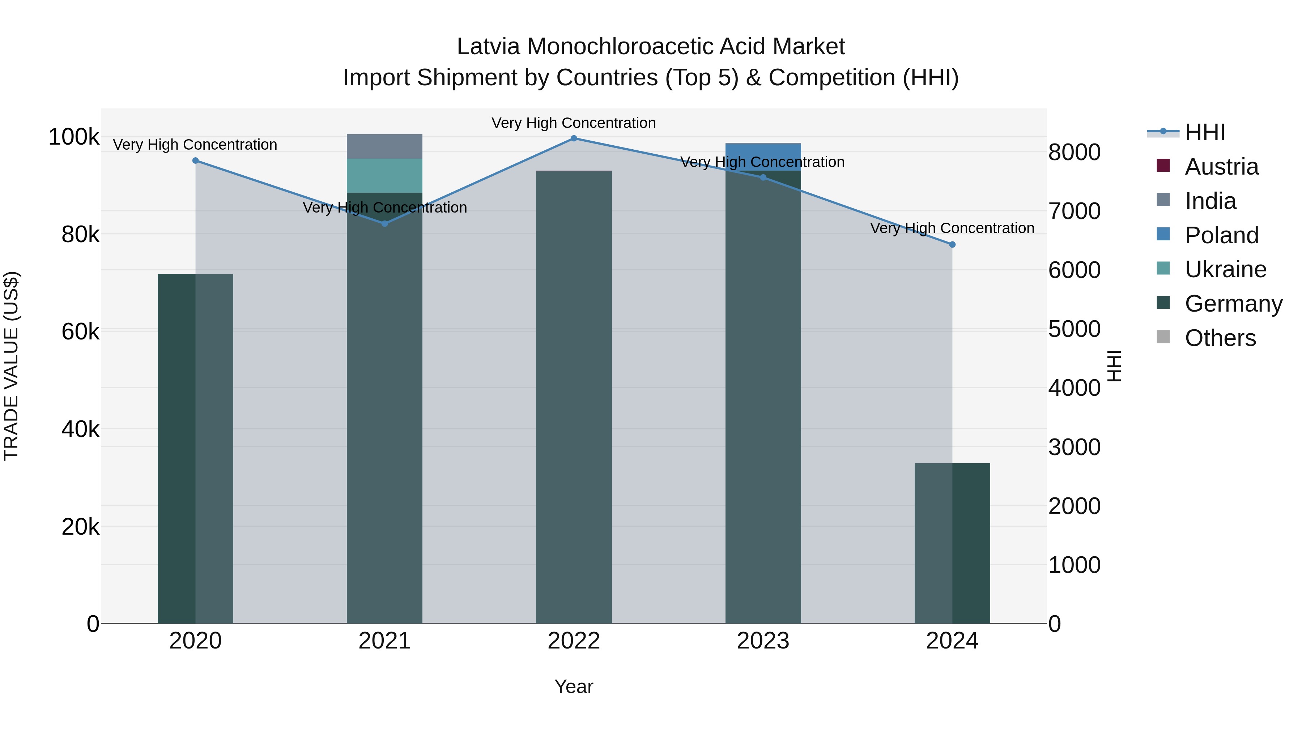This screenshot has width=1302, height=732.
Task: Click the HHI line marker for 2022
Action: (x=574, y=138)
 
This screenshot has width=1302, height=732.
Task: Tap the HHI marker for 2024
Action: (x=952, y=244)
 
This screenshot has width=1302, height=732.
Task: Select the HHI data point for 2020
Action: (x=196, y=160)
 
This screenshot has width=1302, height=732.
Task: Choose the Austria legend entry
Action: (x=1221, y=167)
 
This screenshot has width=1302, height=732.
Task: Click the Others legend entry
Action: (x=1220, y=338)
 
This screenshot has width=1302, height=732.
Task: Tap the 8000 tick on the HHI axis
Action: (x=1074, y=152)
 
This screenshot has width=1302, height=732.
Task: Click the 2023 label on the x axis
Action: (x=763, y=641)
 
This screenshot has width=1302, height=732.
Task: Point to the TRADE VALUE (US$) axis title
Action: (x=11, y=366)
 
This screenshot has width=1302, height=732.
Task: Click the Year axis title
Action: (x=574, y=686)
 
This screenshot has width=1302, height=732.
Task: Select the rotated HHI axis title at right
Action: (x=1114, y=366)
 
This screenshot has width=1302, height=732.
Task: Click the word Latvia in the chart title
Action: (x=488, y=47)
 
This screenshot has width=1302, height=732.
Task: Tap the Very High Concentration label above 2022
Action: (x=574, y=123)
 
